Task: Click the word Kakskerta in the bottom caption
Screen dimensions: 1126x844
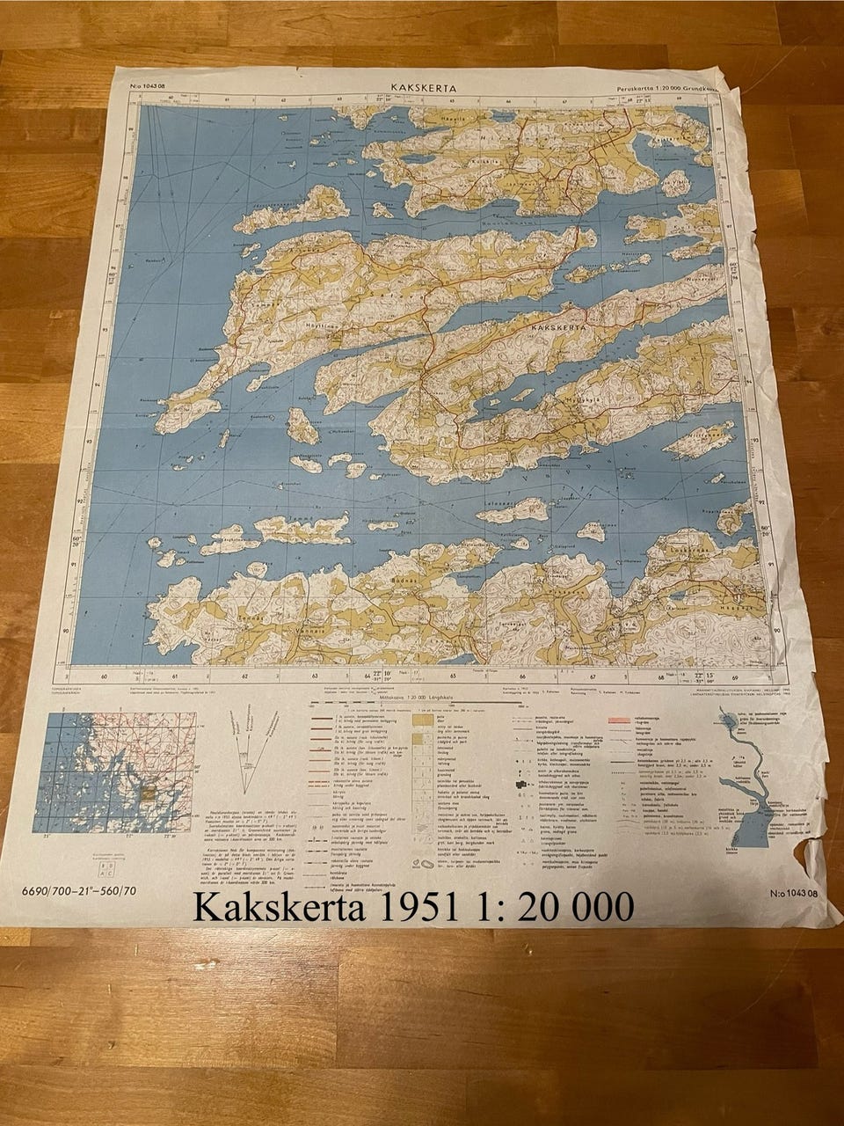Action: click(x=275, y=908)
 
